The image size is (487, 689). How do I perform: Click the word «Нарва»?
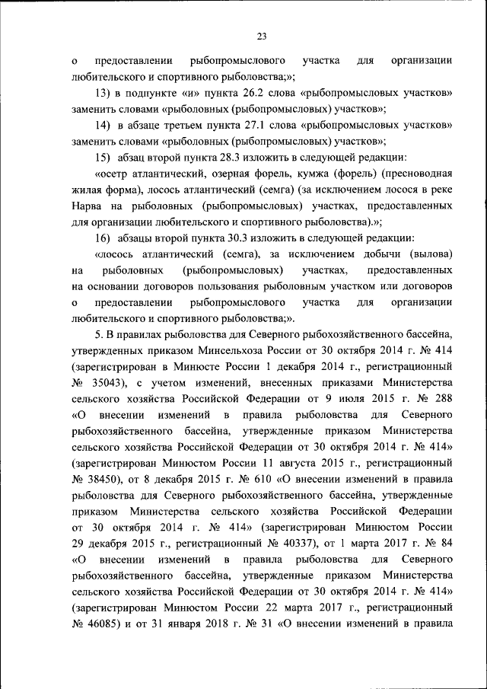coord(89,206)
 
